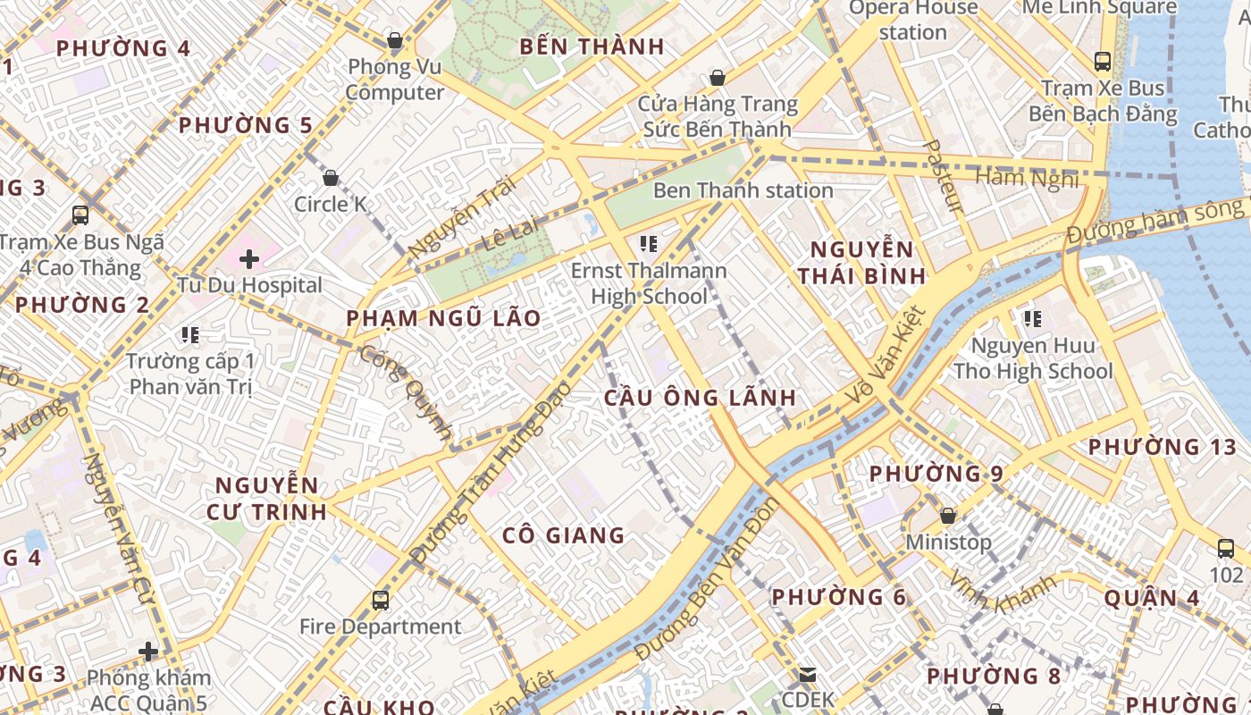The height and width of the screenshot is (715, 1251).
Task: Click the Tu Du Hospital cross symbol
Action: point(249,259)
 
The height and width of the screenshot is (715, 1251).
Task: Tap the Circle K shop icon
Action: point(331,178)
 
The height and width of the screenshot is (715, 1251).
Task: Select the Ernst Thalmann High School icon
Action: point(649,243)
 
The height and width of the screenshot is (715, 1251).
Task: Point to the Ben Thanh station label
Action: point(743,190)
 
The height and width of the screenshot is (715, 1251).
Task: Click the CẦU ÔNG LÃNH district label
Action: point(700,398)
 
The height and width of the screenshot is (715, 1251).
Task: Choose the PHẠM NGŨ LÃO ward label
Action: point(443,318)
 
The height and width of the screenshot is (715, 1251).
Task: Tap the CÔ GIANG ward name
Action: point(563,535)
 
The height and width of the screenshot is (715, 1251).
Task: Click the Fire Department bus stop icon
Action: point(381,600)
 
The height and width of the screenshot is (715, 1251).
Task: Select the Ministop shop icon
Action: point(948,516)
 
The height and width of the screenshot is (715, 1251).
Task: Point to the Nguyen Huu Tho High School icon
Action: point(1033,318)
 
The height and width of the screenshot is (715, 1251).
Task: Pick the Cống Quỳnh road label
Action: point(407,391)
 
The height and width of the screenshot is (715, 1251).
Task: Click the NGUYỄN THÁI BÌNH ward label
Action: point(861,262)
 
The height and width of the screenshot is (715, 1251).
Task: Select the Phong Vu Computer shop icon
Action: point(394,40)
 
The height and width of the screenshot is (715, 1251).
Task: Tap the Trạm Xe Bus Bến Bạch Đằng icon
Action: point(1103,62)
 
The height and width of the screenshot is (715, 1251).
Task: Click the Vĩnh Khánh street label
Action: point(1003,591)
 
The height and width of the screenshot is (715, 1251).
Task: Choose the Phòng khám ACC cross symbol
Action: point(148,652)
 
